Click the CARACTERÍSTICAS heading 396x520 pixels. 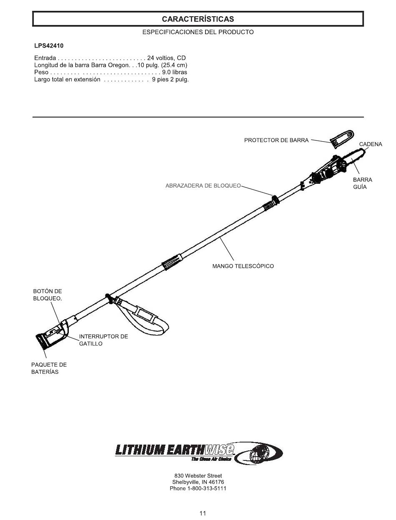198,19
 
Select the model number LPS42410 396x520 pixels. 49,45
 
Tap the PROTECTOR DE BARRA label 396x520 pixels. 276,140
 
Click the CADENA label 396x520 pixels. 370,144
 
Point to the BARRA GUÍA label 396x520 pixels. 362,183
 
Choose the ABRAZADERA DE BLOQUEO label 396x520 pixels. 203,186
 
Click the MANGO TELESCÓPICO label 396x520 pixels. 243,266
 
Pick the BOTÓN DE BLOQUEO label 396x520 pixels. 48,295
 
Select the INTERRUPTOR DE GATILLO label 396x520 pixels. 103,340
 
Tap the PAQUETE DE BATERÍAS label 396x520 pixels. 49,368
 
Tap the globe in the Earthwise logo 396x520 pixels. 259,454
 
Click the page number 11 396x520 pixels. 203,513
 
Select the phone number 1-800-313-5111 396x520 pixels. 198,488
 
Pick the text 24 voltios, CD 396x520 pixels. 166,58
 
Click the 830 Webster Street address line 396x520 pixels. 198,475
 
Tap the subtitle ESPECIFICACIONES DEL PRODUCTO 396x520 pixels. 198,32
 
